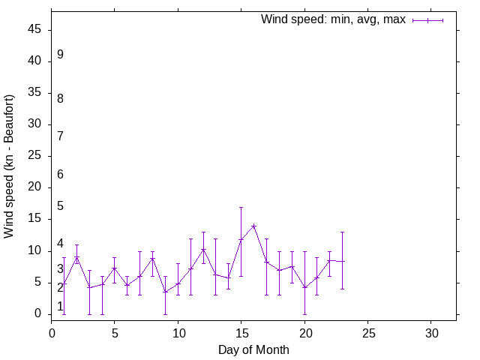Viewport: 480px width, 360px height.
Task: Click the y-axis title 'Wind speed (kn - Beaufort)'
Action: [9, 166]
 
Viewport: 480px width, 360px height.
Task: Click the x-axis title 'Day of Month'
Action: [253, 349]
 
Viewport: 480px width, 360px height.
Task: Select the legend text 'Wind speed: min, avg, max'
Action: [333, 19]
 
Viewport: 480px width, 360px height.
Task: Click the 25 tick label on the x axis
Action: [367, 332]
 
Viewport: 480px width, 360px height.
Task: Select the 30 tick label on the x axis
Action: [431, 332]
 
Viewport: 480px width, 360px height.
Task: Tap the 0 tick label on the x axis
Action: [52, 332]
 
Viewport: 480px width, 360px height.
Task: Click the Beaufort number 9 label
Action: [60, 55]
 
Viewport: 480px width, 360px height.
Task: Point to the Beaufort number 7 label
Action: [60, 136]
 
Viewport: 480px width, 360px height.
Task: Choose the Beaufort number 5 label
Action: [60, 206]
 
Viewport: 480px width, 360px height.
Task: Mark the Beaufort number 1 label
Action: [60, 307]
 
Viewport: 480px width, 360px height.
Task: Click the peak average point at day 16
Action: [253, 226]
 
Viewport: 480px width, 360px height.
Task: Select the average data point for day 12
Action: [203, 250]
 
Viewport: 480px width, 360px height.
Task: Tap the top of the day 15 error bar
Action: [241, 207]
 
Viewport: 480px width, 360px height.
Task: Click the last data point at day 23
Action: [342, 262]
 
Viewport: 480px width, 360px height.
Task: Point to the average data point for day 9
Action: [165, 292]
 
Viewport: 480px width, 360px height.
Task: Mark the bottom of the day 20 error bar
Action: [304, 314]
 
